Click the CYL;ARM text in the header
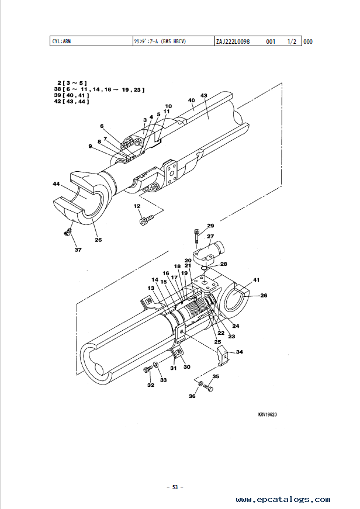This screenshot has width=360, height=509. coord(62,41)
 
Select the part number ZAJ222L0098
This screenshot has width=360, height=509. coord(233,41)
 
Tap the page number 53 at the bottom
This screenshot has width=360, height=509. coord(175,487)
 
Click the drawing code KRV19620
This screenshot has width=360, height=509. coord(268,414)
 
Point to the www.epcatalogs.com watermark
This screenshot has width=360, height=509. coord(283,499)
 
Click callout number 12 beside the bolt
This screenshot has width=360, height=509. coord(137,206)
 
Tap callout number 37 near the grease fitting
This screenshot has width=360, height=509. coord(78,250)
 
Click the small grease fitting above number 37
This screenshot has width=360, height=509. coord(68,232)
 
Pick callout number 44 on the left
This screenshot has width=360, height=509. coord(56,184)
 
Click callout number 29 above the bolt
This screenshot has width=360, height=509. coord(210,226)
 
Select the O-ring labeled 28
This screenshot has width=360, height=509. coord(204,268)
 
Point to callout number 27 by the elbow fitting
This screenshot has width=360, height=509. coord(210,236)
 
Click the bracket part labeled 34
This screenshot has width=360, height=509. coord(223,356)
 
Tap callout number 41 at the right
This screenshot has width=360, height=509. coord(256,280)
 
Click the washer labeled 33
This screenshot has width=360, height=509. coord(156,365)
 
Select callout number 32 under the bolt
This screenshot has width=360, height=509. coord(151,385)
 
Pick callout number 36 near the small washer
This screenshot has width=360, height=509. coord(192,396)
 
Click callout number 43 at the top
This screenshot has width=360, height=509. coord(204,95)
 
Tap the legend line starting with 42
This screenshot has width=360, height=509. coord(71,101)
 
